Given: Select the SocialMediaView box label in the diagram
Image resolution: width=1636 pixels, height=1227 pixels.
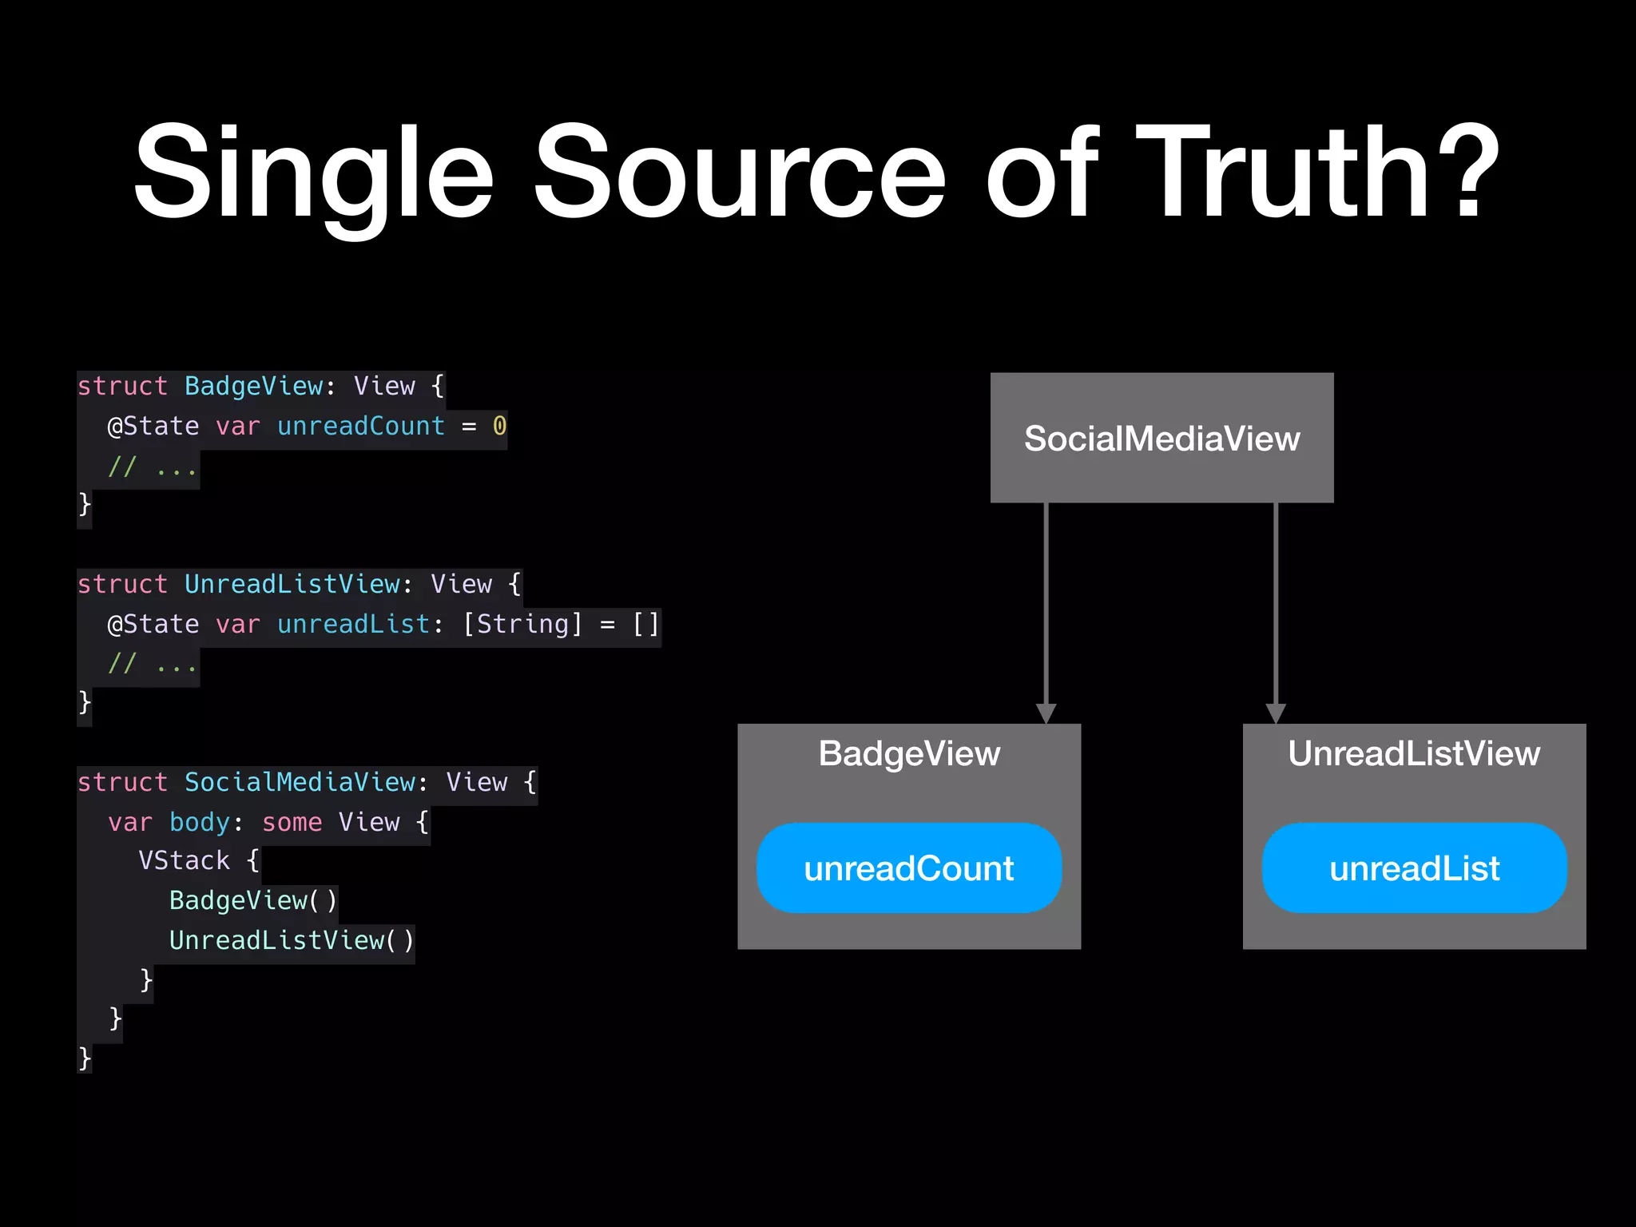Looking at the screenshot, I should click(x=1161, y=439).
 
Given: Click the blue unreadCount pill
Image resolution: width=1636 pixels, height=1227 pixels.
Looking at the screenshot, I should click(x=909, y=868).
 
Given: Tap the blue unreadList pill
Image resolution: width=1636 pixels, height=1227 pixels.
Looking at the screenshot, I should click(x=1414, y=868).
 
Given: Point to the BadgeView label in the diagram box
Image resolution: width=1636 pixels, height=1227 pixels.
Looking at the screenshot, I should click(x=909, y=753).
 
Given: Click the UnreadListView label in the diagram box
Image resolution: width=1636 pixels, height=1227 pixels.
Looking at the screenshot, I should click(x=1414, y=753).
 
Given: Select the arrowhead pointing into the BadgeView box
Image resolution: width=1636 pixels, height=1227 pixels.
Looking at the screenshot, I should click(x=1046, y=713).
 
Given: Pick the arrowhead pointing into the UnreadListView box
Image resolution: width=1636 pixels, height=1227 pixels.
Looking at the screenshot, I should click(x=1276, y=713).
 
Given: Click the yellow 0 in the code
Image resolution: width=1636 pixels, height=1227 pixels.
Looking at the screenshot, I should click(x=499, y=426).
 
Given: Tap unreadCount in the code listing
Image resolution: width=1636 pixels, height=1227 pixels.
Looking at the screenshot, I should click(x=360, y=426).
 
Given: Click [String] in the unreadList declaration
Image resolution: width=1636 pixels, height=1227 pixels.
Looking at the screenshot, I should click(x=522, y=624).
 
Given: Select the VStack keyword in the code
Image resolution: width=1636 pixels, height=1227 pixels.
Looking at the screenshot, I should click(x=184, y=860).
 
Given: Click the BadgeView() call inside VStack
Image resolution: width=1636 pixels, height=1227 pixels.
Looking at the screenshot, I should click(x=253, y=900).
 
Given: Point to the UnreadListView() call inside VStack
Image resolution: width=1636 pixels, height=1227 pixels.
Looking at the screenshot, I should click(x=292, y=940).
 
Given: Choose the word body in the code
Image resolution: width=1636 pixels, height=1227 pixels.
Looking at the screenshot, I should click(x=200, y=822).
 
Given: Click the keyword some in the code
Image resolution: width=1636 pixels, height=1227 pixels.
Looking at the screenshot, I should click(x=292, y=822).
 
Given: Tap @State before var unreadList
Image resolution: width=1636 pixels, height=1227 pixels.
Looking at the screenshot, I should click(x=153, y=624).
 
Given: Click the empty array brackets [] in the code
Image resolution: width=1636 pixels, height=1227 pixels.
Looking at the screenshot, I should click(x=645, y=624).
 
